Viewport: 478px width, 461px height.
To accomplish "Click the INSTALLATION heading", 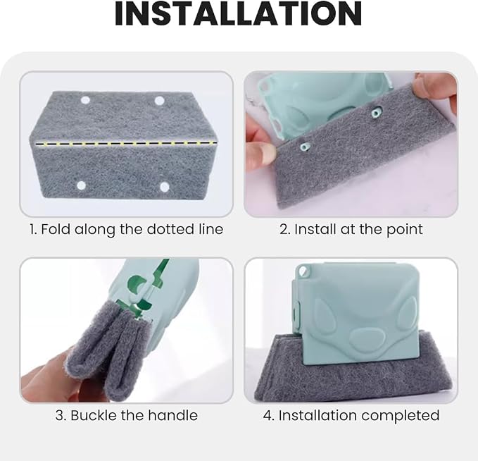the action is (x=239, y=13).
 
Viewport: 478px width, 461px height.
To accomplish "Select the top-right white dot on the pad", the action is (x=159, y=101).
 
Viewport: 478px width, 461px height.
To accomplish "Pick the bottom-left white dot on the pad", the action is (x=82, y=185).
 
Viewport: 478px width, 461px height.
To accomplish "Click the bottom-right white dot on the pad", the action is (x=165, y=187).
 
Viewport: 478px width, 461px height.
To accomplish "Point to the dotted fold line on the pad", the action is (x=126, y=143).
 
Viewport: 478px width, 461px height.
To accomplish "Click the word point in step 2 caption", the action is (x=405, y=230).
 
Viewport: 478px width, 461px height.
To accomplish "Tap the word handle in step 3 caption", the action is (x=173, y=415).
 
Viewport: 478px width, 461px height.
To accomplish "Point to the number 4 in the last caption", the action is (x=268, y=415).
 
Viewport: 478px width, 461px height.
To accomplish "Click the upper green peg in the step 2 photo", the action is (x=377, y=113).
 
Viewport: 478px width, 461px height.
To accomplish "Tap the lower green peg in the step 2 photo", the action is (x=305, y=147).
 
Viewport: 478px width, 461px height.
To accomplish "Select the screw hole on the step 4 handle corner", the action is (x=303, y=271).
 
